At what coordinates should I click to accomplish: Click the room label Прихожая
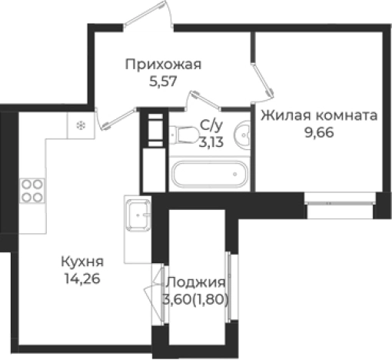[164, 65]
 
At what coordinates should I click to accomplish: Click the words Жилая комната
[318, 116]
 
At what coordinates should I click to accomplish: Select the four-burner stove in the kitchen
[32, 190]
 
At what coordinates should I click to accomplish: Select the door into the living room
[261, 82]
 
